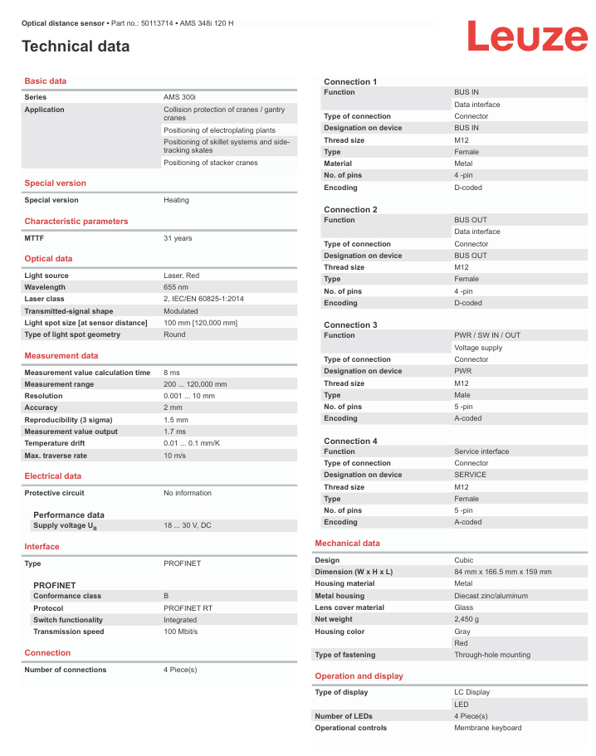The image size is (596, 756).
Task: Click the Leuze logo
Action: click(x=526, y=37)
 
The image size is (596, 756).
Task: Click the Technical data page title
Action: click(x=76, y=46)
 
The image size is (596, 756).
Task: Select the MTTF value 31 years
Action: click(x=178, y=238)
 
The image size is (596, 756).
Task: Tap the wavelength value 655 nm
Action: click(x=176, y=287)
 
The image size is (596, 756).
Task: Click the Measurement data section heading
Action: click(x=61, y=356)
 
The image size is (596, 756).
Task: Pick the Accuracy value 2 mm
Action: click(x=173, y=407)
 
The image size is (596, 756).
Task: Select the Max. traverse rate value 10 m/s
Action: click(x=174, y=456)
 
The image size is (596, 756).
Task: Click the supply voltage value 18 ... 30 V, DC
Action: click(x=188, y=525)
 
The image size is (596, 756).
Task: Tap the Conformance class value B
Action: click(x=166, y=596)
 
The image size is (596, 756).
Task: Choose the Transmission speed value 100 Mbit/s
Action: click(x=180, y=632)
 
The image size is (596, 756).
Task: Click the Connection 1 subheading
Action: click(x=350, y=81)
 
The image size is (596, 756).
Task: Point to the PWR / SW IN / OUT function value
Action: click(x=487, y=335)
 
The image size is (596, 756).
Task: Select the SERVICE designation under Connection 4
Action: click(x=471, y=475)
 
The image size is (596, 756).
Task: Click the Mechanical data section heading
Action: click(x=347, y=544)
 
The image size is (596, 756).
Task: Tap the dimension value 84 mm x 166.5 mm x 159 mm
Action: click(x=502, y=572)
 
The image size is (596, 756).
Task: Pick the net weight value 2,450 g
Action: click(x=467, y=619)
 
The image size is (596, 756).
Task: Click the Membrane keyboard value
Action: click(x=488, y=728)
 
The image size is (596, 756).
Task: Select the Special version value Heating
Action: click(x=176, y=200)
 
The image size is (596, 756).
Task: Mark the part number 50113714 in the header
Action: click(x=157, y=23)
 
